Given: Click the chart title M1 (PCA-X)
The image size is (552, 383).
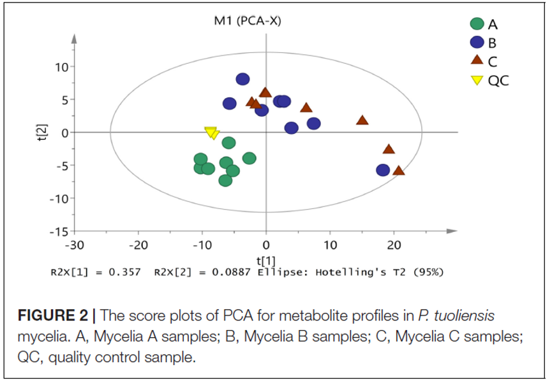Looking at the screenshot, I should pyautogui.click(x=247, y=21).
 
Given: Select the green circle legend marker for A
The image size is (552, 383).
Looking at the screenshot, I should pyautogui.click(x=477, y=25).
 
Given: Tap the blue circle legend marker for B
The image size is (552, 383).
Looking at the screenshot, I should pyautogui.click(x=477, y=43).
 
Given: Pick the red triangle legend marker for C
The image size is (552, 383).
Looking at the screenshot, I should pyautogui.click(x=477, y=61).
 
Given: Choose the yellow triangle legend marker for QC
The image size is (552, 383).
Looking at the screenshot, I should pyautogui.click(x=477, y=80).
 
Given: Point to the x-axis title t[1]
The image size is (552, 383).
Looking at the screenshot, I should pyautogui.click(x=265, y=259).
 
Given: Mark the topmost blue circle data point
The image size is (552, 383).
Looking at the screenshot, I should pyautogui.click(x=242, y=79).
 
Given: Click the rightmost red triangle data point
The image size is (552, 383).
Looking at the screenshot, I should pyautogui.click(x=399, y=171).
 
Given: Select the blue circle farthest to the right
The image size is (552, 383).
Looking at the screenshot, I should pyautogui.click(x=383, y=170).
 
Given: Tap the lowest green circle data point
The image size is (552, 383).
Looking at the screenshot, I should pyautogui.click(x=225, y=180).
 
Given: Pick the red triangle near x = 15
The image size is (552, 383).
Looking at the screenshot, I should pyautogui.click(x=362, y=120).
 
